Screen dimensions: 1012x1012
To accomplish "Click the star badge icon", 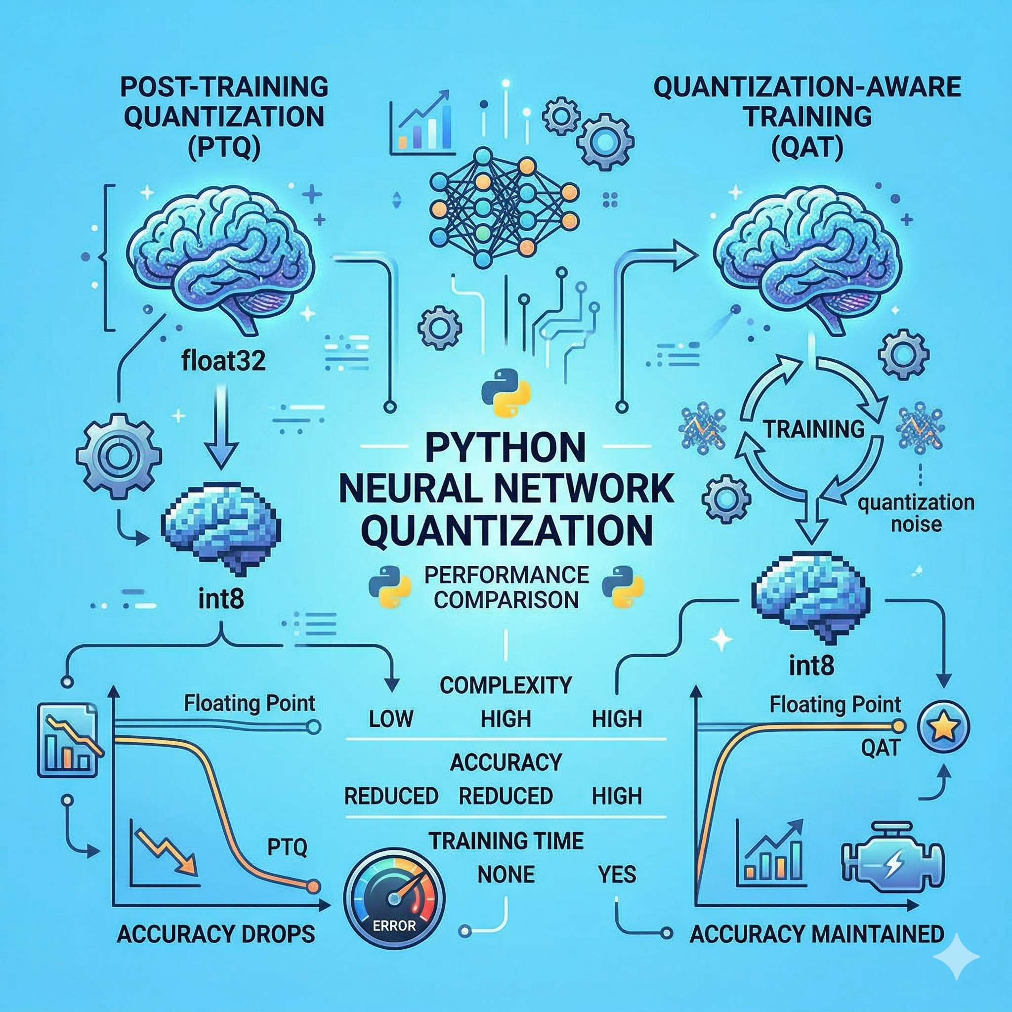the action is point(943,726).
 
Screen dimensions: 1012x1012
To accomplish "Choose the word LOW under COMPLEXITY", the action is point(391,718).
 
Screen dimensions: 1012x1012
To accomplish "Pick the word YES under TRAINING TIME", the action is point(617,874).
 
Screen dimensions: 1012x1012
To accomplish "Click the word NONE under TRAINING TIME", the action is point(506,874).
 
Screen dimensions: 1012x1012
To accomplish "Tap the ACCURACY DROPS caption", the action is point(216,934).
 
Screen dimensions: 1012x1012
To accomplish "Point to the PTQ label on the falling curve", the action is point(287,847).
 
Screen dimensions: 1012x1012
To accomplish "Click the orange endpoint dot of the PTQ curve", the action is point(313,886).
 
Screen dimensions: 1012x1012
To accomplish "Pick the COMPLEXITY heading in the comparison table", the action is point(506,684).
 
